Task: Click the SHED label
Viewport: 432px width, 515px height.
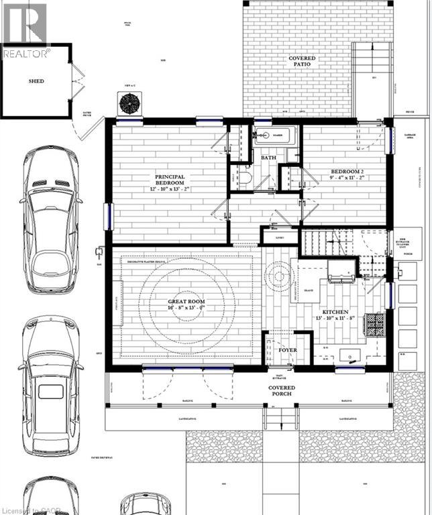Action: [36, 81]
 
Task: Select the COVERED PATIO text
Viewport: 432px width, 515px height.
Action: [302, 62]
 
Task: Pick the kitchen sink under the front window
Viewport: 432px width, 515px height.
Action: [348, 356]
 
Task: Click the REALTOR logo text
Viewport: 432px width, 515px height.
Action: [25, 53]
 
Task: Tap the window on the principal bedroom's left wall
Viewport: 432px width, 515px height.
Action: [107, 217]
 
